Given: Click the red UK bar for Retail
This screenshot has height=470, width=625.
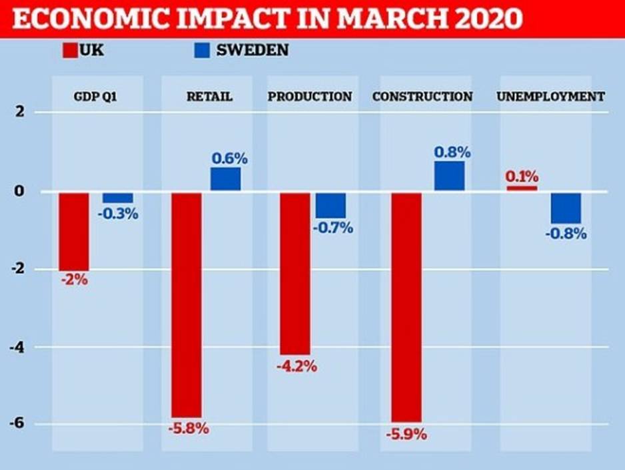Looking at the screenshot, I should point(186,304).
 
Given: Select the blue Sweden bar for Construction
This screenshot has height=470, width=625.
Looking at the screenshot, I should point(449,176).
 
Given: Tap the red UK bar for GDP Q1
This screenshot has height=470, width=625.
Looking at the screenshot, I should point(73,231).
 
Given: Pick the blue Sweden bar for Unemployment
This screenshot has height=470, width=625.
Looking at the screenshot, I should point(566,208).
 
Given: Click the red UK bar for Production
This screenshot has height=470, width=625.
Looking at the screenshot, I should point(295,274).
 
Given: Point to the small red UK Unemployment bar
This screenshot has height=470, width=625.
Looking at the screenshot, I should point(522,188).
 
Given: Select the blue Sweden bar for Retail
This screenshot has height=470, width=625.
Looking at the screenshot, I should point(226,178).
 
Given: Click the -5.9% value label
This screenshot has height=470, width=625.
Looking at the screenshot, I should point(406,435).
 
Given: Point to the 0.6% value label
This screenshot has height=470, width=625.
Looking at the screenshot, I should point(229,158).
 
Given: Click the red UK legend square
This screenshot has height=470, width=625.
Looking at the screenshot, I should point(70,51).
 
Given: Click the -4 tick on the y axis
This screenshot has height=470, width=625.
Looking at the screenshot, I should point(21,347).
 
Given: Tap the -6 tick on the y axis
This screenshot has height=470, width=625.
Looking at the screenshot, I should point(21,424).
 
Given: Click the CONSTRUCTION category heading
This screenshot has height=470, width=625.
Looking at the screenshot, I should point(422,97).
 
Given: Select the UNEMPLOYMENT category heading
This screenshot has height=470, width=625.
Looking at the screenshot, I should point(550,97).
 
